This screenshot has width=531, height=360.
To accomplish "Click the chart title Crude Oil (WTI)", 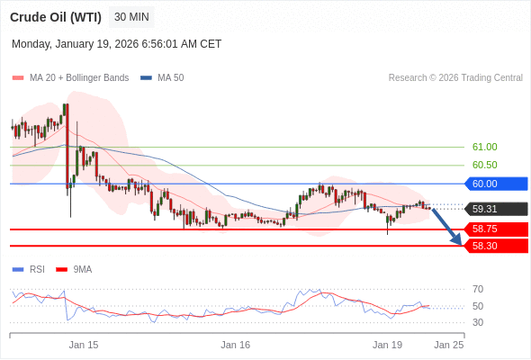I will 56,17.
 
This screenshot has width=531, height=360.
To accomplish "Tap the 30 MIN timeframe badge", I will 131,17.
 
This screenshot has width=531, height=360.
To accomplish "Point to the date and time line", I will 116,44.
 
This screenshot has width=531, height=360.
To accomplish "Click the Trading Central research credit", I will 455,77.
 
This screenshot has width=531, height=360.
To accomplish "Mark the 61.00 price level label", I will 484,147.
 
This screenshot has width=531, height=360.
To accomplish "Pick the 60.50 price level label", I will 484,165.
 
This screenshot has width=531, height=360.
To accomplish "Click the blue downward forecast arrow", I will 447,227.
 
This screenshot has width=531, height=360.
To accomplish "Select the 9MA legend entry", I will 82,269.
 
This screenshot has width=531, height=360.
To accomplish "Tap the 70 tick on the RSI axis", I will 478,289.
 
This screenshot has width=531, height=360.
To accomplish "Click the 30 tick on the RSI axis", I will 478,322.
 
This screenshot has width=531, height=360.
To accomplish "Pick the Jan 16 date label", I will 235,345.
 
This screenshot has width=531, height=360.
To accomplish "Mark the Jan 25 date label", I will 448,345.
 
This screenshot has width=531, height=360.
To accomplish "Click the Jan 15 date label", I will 84,345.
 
